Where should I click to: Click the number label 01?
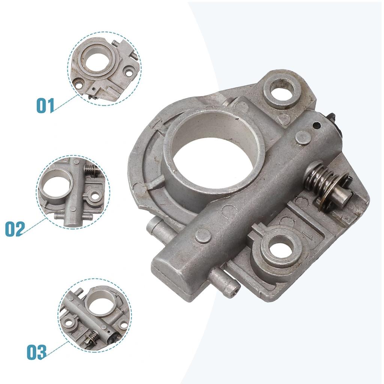click(x=45, y=105)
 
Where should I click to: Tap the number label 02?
click(x=15, y=229)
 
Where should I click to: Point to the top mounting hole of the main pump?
click(x=282, y=90)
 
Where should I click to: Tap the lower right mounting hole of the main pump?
click(x=280, y=250)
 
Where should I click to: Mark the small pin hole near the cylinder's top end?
click(x=317, y=126)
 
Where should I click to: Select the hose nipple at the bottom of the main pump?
click(x=225, y=283)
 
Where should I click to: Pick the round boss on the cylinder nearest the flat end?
click(x=203, y=236)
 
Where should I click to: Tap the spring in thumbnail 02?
click(x=90, y=171)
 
